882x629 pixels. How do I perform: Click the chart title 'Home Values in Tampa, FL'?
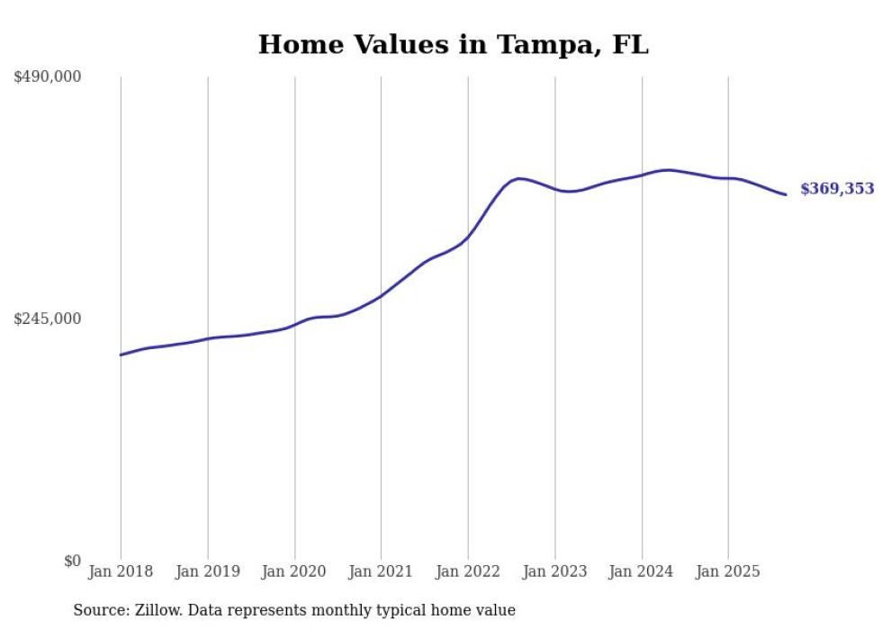coord(453,44)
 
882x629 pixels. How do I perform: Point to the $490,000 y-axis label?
coord(47,77)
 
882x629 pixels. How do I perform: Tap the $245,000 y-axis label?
coord(47,319)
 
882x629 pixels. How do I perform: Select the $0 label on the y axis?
coord(72,561)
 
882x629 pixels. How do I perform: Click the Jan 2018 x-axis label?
coord(121,571)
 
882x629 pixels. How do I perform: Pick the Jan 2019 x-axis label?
coord(208,571)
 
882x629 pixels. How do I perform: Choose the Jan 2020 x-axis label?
coord(294,571)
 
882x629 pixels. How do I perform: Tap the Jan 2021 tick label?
coord(381,571)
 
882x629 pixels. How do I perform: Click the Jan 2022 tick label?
coord(468,571)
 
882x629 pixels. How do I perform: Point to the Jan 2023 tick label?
coord(554,571)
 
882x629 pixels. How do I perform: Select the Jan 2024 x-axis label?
coord(642,571)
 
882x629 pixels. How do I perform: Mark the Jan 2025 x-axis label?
coord(728,571)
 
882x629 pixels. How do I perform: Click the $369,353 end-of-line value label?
coord(837,189)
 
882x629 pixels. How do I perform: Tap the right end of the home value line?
coord(786,194)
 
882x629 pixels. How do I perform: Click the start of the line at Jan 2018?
coord(121,355)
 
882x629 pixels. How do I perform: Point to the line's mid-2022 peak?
coord(519,178)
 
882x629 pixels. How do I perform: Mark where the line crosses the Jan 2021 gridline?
coord(381,295)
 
